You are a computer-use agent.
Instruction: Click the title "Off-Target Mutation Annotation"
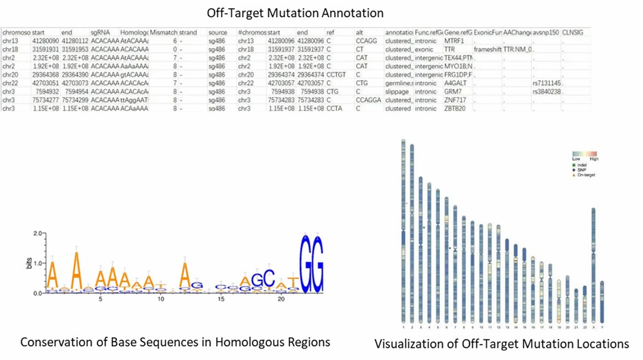(295, 13)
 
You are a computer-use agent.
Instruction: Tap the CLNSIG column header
(575, 32)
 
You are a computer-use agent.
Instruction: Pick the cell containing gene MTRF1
(454, 41)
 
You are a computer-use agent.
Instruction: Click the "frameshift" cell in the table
(487, 49)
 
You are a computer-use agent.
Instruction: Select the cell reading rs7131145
(546, 83)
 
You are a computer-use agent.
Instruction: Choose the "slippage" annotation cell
(398, 91)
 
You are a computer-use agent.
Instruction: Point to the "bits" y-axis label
(29, 263)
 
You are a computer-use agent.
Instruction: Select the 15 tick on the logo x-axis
(221, 299)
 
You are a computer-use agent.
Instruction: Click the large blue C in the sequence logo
(269, 278)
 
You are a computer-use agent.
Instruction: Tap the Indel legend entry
(582, 165)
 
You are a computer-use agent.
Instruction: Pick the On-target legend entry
(585, 176)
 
